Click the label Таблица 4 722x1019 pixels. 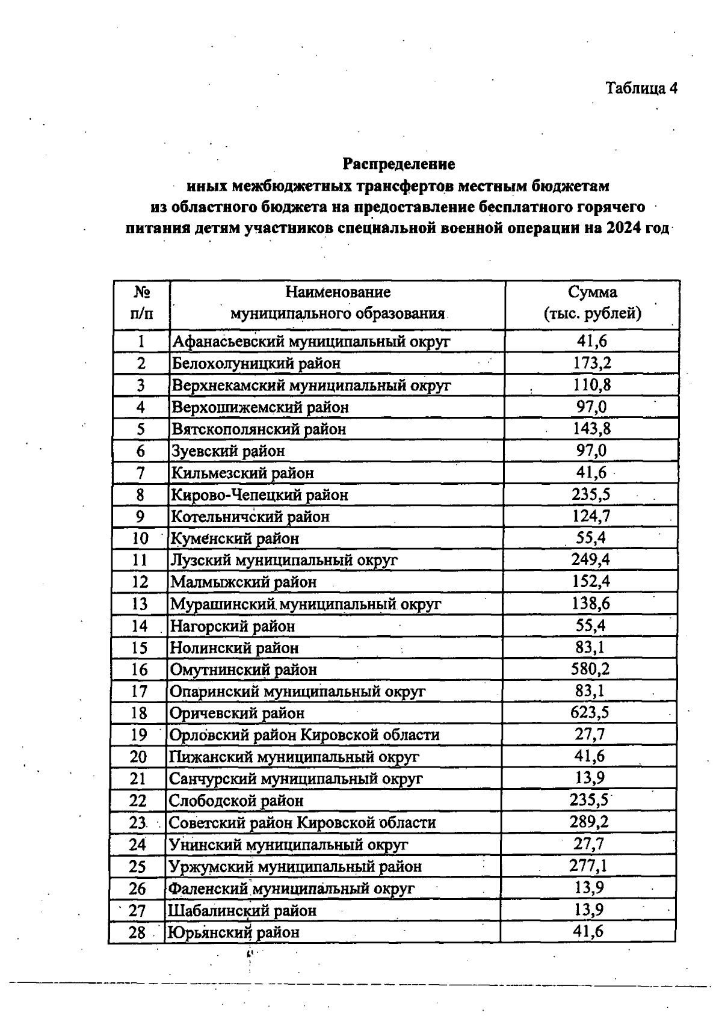coord(641,88)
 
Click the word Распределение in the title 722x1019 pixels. coord(399,164)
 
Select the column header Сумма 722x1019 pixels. coord(593,292)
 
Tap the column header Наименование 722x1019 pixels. coord(338,292)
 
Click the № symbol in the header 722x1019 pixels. coord(142,292)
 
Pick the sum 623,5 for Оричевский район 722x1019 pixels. coord(590,713)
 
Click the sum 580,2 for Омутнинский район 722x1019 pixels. coord(590,669)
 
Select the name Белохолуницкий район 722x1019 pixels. coord(256,363)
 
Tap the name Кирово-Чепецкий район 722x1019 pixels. coord(260,495)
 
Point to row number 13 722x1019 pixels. coord(140,604)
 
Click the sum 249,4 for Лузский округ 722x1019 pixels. coord(591,560)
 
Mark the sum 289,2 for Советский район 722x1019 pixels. coord(590,822)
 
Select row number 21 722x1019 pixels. coord(138,779)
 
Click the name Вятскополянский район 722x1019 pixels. coord(259,429)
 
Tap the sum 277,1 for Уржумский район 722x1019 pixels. coord(588,866)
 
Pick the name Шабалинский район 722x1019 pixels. coord(242,911)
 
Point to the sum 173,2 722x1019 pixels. coord(592,363)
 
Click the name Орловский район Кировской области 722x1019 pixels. coord(304,735)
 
